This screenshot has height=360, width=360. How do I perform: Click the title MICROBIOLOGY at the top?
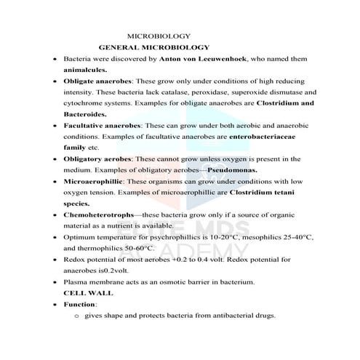159,36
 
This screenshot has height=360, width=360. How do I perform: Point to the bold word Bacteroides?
85,114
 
